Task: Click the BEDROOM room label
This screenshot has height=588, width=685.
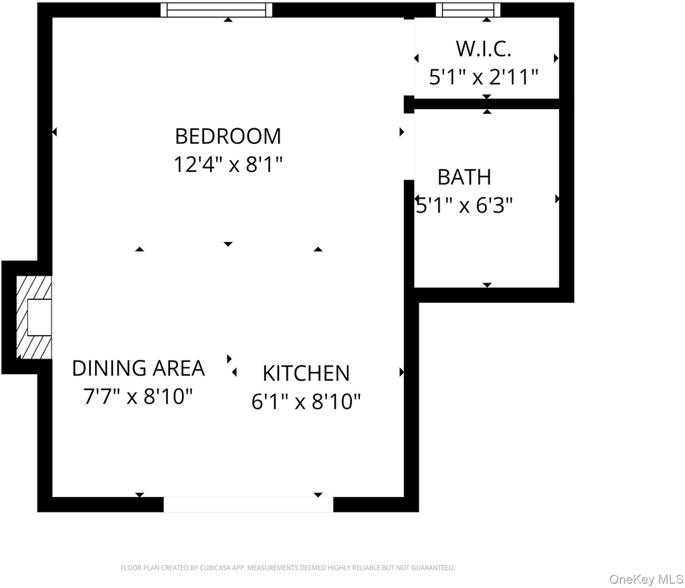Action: [228, 136]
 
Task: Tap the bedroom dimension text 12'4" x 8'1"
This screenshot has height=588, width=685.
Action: [228, 165]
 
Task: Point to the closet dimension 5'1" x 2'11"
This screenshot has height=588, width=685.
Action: [484, 78]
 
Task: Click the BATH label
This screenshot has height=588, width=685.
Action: [464, 177]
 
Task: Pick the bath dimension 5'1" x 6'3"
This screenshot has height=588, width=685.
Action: [464, 205]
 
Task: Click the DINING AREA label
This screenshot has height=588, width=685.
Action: [138, 369]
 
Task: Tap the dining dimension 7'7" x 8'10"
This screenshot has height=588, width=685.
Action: [138, 397]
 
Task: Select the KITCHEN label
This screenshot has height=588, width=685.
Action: [306, 373]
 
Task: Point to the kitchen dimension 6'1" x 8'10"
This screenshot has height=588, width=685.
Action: [306, 401]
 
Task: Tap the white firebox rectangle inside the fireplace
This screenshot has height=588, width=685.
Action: [39, 318]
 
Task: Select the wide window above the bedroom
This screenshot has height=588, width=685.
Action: [216, 9]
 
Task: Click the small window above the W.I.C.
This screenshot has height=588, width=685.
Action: [468, 9]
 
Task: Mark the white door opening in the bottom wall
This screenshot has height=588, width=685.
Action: [248, 504]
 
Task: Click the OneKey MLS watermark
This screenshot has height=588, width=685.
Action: [647, 579]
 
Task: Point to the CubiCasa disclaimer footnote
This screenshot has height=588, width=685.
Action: [288, 568]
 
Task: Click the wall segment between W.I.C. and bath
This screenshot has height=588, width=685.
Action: [488, 104]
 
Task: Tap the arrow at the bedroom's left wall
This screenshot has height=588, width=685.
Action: [54, 132]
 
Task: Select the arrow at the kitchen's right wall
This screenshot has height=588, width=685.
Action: [402, 372]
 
